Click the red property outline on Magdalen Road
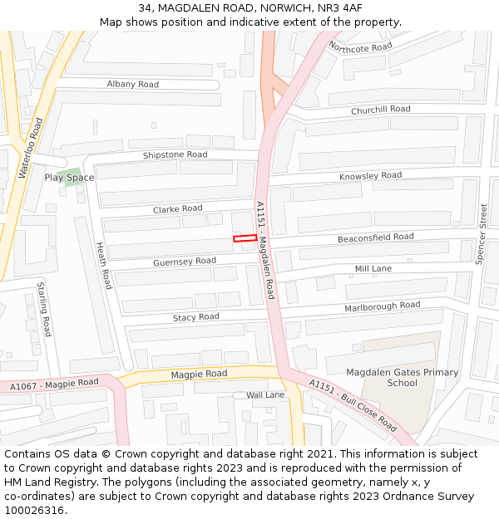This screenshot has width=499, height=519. click(245, 239)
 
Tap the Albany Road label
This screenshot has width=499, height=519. click(132, 85)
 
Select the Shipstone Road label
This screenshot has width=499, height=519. click(175, 155)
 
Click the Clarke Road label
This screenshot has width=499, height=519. click(177, 209)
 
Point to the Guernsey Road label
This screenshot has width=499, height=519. click(184, 262)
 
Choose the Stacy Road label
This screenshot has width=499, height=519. click(195, 317)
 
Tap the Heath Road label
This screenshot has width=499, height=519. click(103, 266)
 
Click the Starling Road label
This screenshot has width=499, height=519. click(44, 309)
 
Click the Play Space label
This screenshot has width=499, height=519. click(69, 178)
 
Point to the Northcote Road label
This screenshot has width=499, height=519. click(360, 47)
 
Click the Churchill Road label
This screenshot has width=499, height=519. click(380, 110)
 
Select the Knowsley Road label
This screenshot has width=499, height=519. click(370, 176)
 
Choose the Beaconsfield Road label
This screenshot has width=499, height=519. click(375, 237)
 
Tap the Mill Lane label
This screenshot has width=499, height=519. click(373, 269)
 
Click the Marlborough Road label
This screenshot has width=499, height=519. click(383, 306)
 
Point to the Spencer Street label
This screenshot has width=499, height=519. click(481, 234)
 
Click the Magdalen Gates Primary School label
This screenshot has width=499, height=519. click(402, 378)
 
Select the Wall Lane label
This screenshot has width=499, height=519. click(264, 395)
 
